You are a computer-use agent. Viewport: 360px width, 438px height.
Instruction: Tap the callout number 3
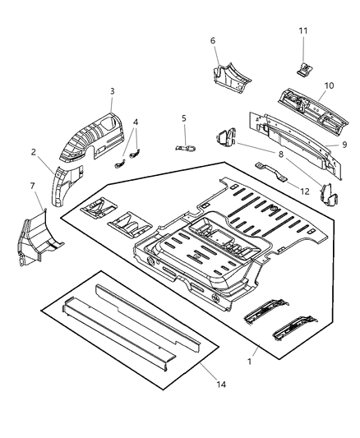[112, 91]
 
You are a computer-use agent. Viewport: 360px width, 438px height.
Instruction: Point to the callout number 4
[136, 122]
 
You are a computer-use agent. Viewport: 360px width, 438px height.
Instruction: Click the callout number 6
[213, 40]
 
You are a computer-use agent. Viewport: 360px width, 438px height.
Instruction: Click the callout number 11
[303, 31]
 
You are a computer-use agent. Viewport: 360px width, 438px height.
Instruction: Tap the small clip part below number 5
[186, 147]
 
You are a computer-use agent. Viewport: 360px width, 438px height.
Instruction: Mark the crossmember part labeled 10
[309, 106]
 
